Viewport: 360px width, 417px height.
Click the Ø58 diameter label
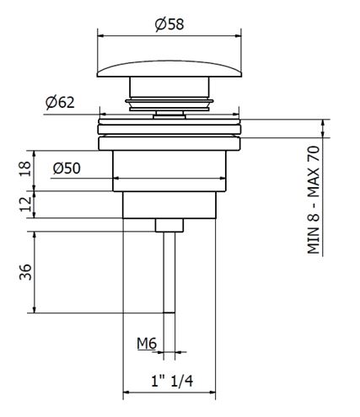coord(169,24)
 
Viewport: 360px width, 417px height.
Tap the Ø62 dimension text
coord(60,102)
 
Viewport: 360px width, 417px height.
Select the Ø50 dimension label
coord(67,168)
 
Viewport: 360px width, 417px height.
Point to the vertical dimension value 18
coord(25,168)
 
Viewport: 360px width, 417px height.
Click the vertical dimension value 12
coord(25,204)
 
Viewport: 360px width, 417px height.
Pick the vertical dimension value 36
coord(25,272)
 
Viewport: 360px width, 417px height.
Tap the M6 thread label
coord(147,343)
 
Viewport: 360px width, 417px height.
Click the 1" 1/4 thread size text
coord(172,381)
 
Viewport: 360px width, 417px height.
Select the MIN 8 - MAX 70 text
coord(314,200)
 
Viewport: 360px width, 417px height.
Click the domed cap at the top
coord(169,68)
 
